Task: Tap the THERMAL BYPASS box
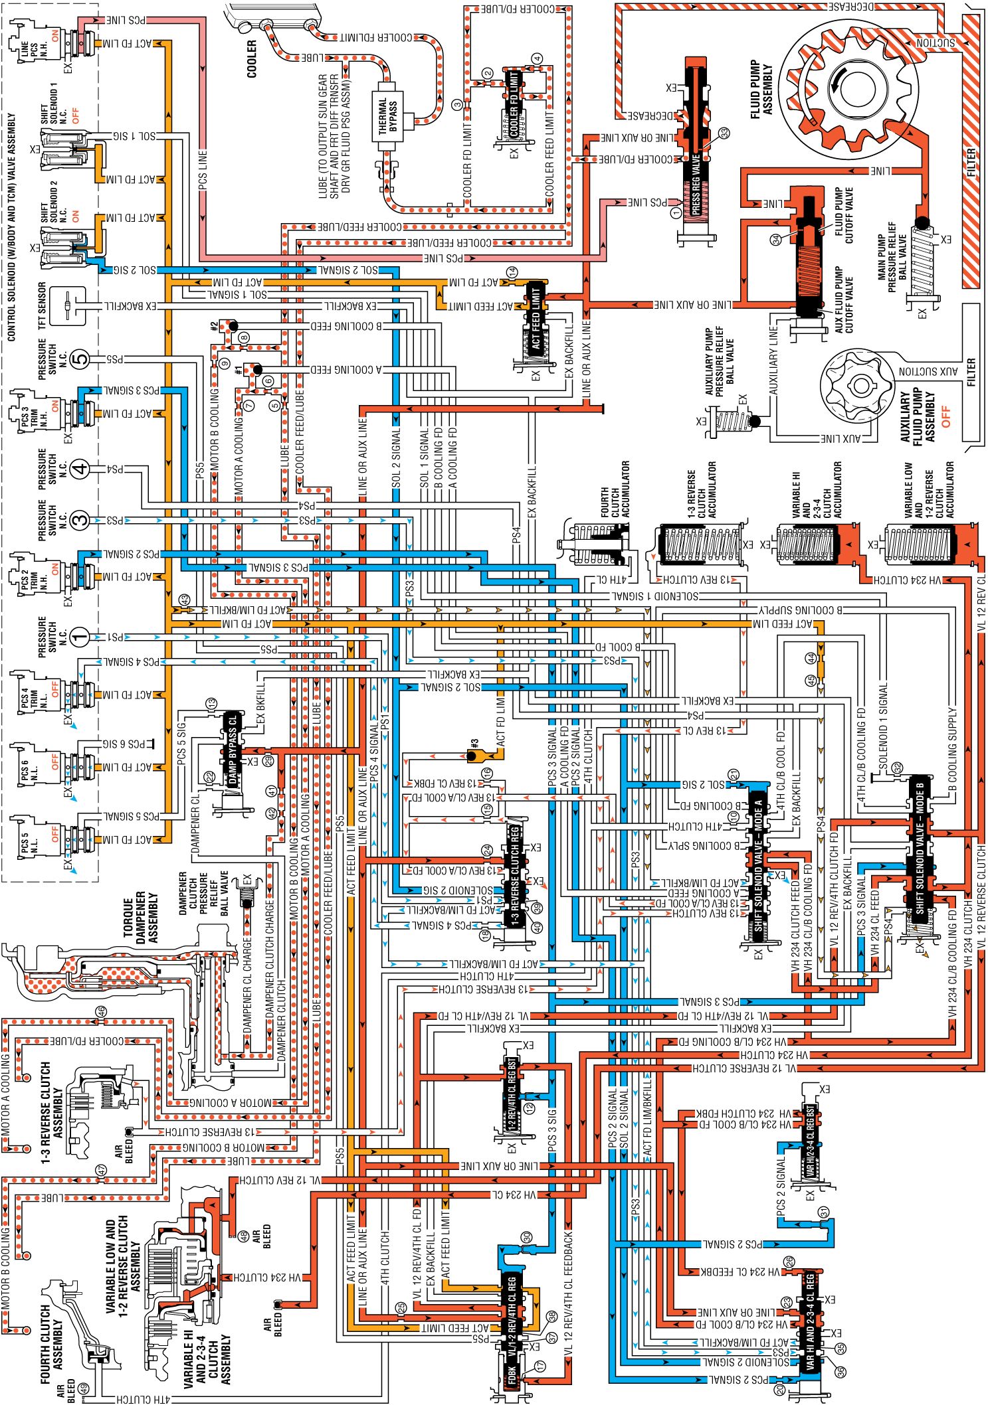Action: (388, 117)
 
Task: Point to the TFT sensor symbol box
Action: (68, 306)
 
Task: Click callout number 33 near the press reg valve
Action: (724, 133)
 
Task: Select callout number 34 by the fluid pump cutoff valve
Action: (775, 240)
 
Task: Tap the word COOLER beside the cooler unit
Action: (252, 59)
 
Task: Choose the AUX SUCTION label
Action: (928, 372)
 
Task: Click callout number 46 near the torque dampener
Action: (100, 1011)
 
